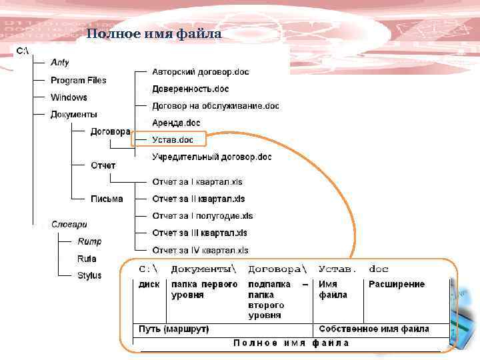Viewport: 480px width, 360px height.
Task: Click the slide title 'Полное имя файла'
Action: pos(154,35)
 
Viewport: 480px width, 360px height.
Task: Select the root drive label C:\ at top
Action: pos(22,51)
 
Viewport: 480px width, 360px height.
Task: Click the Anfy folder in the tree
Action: pos(60,63)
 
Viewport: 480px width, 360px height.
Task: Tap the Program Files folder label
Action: pos(78,81)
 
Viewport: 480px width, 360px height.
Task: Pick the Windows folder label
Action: pos(69,97)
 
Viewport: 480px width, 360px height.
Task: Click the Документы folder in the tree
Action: pos(73,115)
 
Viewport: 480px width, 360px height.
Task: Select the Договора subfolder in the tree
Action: pos(110,132)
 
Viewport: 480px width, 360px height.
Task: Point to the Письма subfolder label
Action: pos(107,199)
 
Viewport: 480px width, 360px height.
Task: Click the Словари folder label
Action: pos(69,225)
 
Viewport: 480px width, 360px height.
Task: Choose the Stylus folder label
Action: pos(89,275)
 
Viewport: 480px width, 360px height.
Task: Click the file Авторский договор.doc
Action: pos(201,72)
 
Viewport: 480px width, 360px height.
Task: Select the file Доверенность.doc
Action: pos(190,89)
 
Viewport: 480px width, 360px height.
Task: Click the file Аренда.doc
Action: pos(176,123)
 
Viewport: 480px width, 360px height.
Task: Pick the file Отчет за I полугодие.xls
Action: pos(202,216)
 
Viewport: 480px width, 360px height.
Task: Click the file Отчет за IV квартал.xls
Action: pos(200,250)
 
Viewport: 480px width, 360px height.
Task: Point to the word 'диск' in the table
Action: pos(149,284)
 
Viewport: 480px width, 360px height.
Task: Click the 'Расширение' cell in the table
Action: pos(396,284)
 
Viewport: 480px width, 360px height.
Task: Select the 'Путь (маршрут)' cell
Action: pos(173,329)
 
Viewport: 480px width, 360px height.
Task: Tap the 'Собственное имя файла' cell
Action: pos(373,329)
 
